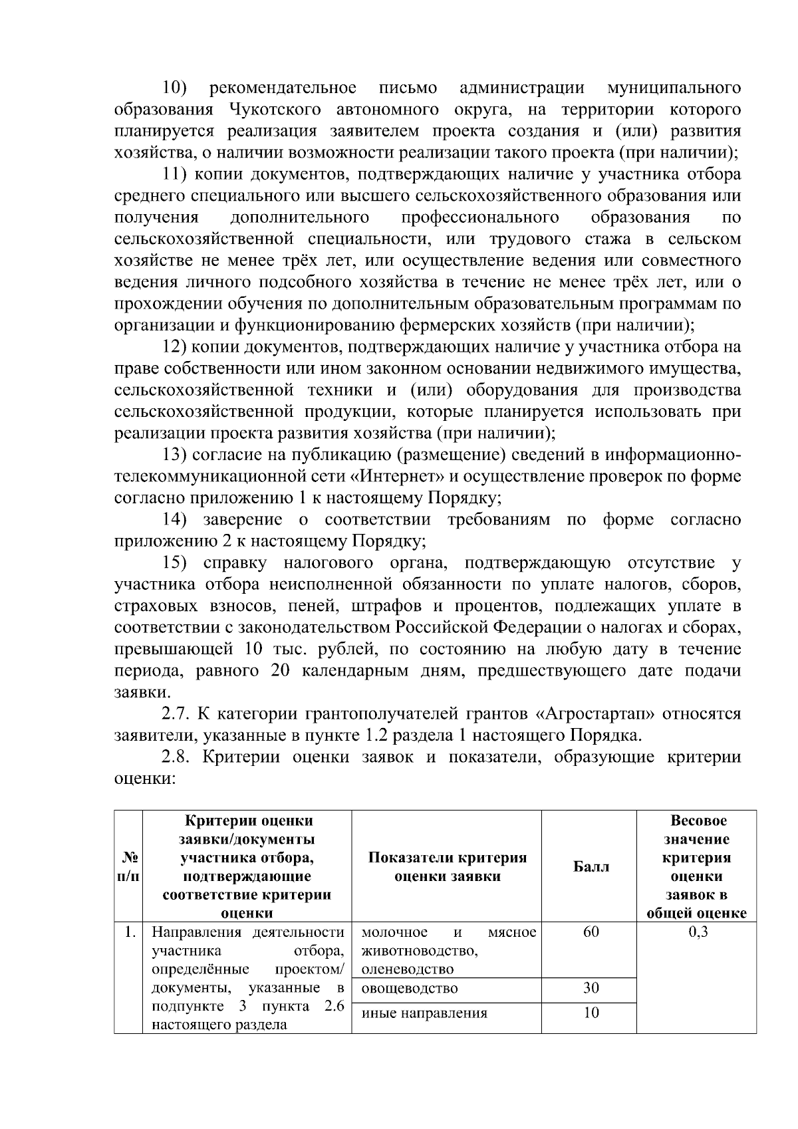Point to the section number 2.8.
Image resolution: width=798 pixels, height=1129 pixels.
coord(176,757)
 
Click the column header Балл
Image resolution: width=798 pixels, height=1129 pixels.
coord(590,866)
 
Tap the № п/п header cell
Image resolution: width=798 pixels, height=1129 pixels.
coord(128,867)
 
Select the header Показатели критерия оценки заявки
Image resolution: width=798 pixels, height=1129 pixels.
coord(447,867)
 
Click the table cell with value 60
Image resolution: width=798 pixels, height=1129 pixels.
coord(590,932)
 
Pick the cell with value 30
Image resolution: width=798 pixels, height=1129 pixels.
coord(590,988)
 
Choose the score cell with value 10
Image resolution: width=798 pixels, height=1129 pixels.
coord(590,1013)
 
